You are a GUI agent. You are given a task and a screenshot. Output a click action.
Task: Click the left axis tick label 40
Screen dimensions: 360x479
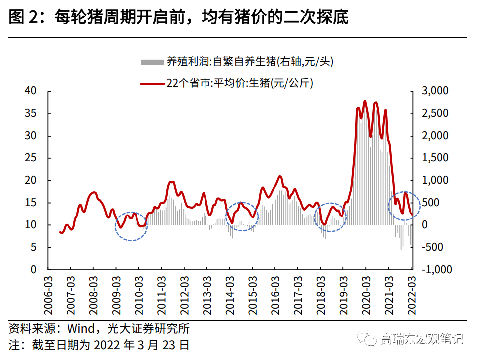[x=31, y=91]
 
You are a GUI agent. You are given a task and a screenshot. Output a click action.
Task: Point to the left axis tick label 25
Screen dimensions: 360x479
[x=31, y=158]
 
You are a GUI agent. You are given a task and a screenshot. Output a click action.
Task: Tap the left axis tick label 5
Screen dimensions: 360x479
[x=34, y=247]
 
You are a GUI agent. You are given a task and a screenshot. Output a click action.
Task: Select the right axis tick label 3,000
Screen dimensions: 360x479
[x=435, y=91]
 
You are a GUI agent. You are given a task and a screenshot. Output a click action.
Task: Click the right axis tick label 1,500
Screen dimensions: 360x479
[x=435, y=158]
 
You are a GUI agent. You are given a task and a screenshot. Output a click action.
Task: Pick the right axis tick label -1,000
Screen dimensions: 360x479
[x=434, y=270]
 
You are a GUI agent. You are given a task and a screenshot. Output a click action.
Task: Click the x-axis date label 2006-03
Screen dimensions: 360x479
[x=48, y=297]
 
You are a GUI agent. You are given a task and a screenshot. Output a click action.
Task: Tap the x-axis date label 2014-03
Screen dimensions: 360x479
[x=229, y=297]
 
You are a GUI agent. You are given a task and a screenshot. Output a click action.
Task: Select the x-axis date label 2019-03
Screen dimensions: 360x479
[x=343, y=297]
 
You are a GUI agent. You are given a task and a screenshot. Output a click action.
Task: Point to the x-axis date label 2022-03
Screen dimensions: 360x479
[x=411, y=297]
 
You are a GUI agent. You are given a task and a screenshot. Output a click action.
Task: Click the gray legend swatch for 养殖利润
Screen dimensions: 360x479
[x=152, y=62]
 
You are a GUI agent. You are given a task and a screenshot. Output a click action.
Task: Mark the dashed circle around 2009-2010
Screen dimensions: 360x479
[x=132, y=226]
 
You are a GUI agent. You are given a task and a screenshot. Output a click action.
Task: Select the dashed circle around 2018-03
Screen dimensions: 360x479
[x=330, y=217]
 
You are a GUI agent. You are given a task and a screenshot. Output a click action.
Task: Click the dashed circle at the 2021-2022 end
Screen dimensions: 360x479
[x=404, y=206]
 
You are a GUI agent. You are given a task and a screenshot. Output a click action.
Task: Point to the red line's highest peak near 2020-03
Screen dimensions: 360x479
[x=365, y=101]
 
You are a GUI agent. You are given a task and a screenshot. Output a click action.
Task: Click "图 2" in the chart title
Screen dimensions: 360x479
[x=23, y=18]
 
